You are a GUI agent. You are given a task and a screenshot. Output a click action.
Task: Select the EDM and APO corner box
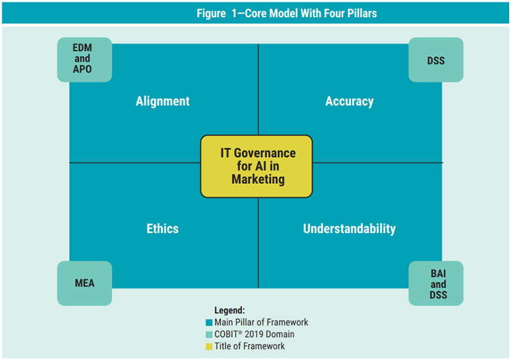point(84,59)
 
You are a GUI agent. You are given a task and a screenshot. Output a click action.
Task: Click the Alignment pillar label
point(162,101)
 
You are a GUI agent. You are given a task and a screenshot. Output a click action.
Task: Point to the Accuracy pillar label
point(349,101)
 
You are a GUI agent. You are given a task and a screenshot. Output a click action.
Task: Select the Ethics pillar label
point(162,229)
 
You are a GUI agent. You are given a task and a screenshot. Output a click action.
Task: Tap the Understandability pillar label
point(349,229)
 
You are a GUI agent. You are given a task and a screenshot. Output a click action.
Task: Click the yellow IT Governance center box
point(257,166)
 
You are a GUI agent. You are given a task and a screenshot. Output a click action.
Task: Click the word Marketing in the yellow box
point(257,179)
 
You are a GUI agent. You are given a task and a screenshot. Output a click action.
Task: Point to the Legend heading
point(229,310)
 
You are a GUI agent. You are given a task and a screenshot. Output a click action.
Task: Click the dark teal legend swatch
point(209,322)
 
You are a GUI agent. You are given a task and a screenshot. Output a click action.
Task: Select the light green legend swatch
point(209,334)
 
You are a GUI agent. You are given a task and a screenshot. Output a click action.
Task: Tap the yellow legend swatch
point(209,347)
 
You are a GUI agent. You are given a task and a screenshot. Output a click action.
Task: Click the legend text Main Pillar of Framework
point(261,322)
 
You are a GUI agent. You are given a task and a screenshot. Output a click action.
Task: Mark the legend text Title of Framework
point(250,347)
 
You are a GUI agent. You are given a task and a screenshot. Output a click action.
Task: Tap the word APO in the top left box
point(83,68)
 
